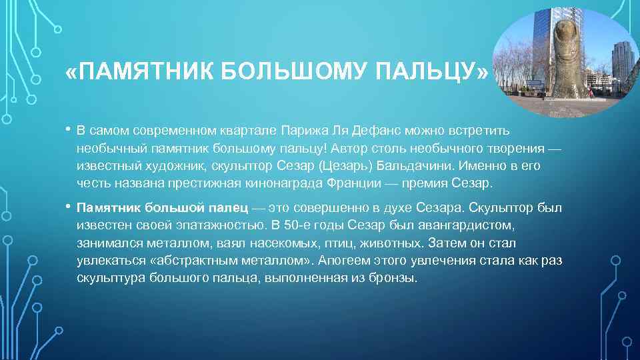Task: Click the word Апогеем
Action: [x=344, y=261]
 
